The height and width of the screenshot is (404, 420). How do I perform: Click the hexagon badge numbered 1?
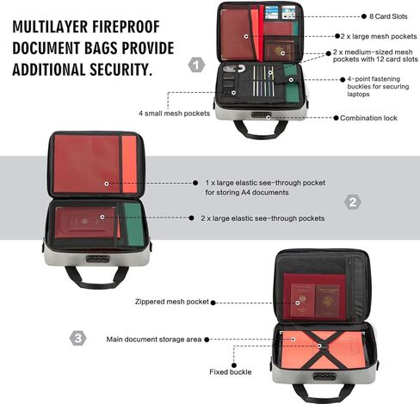tap(196, 65)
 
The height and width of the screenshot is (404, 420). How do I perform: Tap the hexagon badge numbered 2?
tap(353, 202)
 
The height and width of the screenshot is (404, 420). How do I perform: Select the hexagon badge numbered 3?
tap(77, 339)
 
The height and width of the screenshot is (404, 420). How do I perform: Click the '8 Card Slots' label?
tap(388, 16)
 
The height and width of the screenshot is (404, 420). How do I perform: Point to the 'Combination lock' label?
tap(368, 118)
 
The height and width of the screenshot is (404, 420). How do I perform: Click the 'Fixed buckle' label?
tap(231, 372)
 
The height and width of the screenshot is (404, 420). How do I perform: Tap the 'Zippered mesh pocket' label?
tap(172, 302)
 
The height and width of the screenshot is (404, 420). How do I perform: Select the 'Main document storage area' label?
tap(154, 340)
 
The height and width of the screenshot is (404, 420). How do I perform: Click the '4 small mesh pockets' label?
tap(174, 113)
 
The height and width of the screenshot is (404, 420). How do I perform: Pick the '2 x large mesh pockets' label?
tap(379, 36)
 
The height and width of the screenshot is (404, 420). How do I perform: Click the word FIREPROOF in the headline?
tap(126, 27)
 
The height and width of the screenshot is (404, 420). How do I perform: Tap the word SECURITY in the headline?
tap(121, 70)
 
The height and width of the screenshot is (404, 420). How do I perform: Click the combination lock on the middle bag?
tap(98, 259)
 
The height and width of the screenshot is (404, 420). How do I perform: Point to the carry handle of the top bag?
tap(261, 134)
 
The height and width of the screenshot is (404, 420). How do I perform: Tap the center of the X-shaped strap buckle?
tap(319, 346)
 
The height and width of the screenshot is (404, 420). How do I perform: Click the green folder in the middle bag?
tap(134, 224)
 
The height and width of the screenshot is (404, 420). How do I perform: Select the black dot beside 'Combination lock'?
tap(336, 118)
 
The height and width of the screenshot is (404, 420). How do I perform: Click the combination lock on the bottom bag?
tap(324, 376)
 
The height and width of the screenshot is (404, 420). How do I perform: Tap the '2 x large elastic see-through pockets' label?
tap(262, 218)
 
